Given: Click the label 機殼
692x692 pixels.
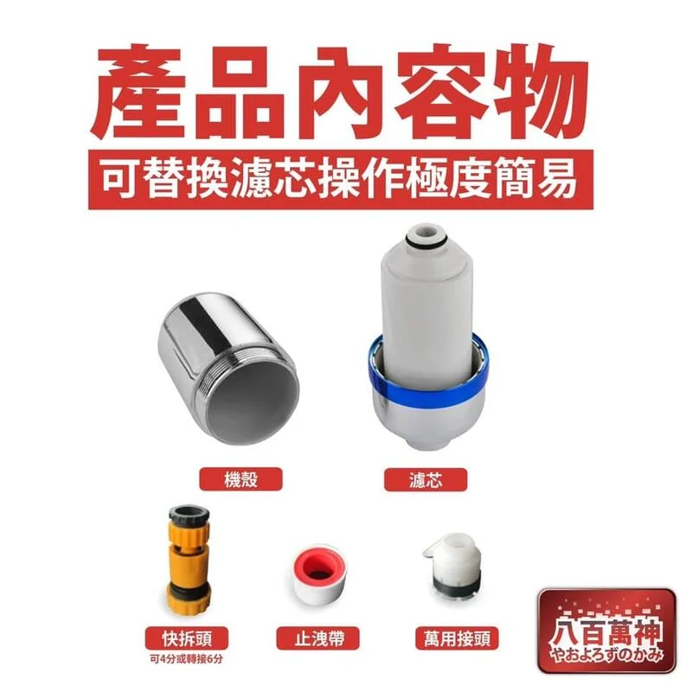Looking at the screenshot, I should click(x=229, y=478).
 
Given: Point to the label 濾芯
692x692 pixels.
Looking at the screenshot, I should click(x=425, y=478).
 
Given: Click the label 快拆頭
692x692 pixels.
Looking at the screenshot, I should click(x=187, y=639).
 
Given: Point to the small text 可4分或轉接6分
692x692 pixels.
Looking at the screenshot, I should click(x=187, y=658).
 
